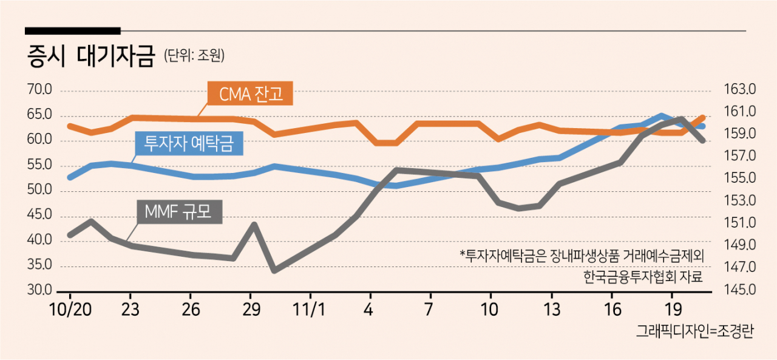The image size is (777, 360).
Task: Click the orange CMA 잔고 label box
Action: pos(250,93)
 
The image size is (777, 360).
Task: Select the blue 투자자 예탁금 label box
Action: pos(189,143)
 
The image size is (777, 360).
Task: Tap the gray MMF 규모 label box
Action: pos(179,211)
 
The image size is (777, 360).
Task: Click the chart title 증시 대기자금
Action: pos(90,55)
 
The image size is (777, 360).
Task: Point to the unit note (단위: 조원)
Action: pos(194,55)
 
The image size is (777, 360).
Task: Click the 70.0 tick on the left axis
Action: pos(39,89)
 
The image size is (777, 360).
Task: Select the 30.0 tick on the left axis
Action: pos(39,290)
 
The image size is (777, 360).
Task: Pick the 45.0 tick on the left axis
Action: pos(39,215)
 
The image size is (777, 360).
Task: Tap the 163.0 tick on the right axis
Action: pos(740,89)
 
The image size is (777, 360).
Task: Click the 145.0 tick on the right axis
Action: pos(740,290)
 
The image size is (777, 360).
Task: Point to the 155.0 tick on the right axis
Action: pos(740,178)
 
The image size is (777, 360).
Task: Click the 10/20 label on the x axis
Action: pos(70,310)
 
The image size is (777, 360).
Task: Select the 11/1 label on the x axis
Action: pos(310,310)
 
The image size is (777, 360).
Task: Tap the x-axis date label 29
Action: pos(251,310)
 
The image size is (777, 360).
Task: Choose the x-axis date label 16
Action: pos(613,310)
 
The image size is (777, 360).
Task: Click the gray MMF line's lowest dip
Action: pos(275,270)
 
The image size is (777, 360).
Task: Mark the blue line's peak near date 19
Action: pos(662,115)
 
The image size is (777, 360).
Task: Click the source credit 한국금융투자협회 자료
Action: pos(643,276)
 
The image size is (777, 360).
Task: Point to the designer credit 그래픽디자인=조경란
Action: pos(695,331)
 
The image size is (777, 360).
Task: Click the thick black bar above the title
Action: pos(73,31)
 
